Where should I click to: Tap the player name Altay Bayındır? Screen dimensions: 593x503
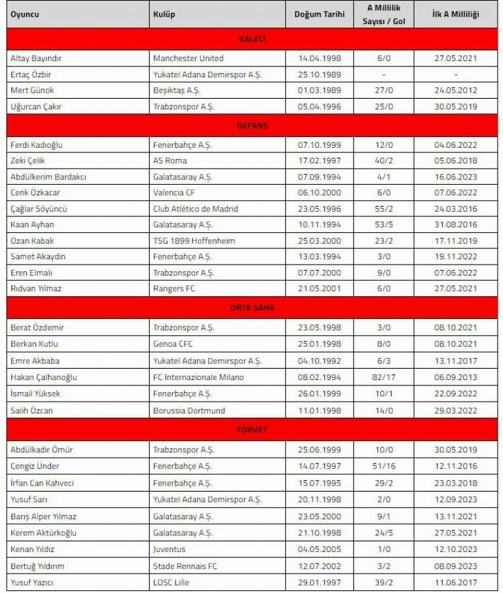(x=37, y=58)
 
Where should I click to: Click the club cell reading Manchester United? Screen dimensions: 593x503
(x=188, y=58)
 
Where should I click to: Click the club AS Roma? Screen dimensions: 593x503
(x=170, y=161)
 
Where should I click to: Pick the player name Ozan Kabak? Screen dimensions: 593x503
(x=32, y=240)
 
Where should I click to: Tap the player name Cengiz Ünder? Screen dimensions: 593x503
(x=35, y=466)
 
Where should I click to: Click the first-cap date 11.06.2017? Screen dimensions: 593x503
(x=456, y=582)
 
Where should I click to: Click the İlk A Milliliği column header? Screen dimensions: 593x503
(x=456, y=14)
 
